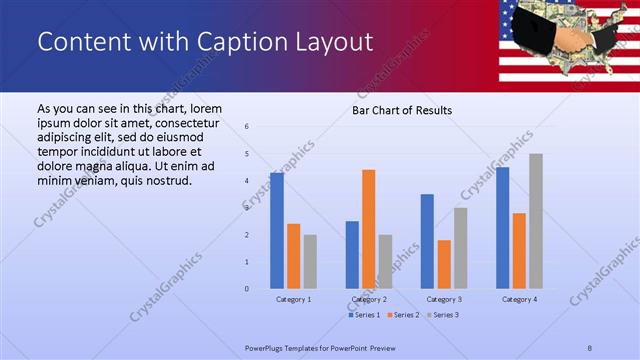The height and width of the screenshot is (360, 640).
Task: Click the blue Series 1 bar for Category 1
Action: (x=277, y=231)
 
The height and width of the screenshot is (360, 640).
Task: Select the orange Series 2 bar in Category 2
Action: (x=369, y=229)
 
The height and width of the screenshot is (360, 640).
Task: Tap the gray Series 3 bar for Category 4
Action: (x=536, y=221)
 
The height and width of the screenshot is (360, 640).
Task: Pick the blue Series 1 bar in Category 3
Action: (x=427, y=241)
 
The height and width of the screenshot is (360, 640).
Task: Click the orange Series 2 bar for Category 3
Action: (x=444, y=264)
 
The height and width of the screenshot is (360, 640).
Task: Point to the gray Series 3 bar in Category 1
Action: (x=310, y=262)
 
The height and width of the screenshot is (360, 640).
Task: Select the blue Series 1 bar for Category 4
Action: (x=502, y=228)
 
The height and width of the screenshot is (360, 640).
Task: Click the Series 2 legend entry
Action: (x=403, y=315)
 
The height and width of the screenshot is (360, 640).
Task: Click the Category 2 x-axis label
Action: (x=369, y=299)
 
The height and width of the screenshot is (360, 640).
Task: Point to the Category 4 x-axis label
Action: (x=519, y=299)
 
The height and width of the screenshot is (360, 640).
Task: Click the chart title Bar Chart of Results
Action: (x=402, y=110)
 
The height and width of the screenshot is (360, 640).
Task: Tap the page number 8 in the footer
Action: (x=590, y=347)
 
